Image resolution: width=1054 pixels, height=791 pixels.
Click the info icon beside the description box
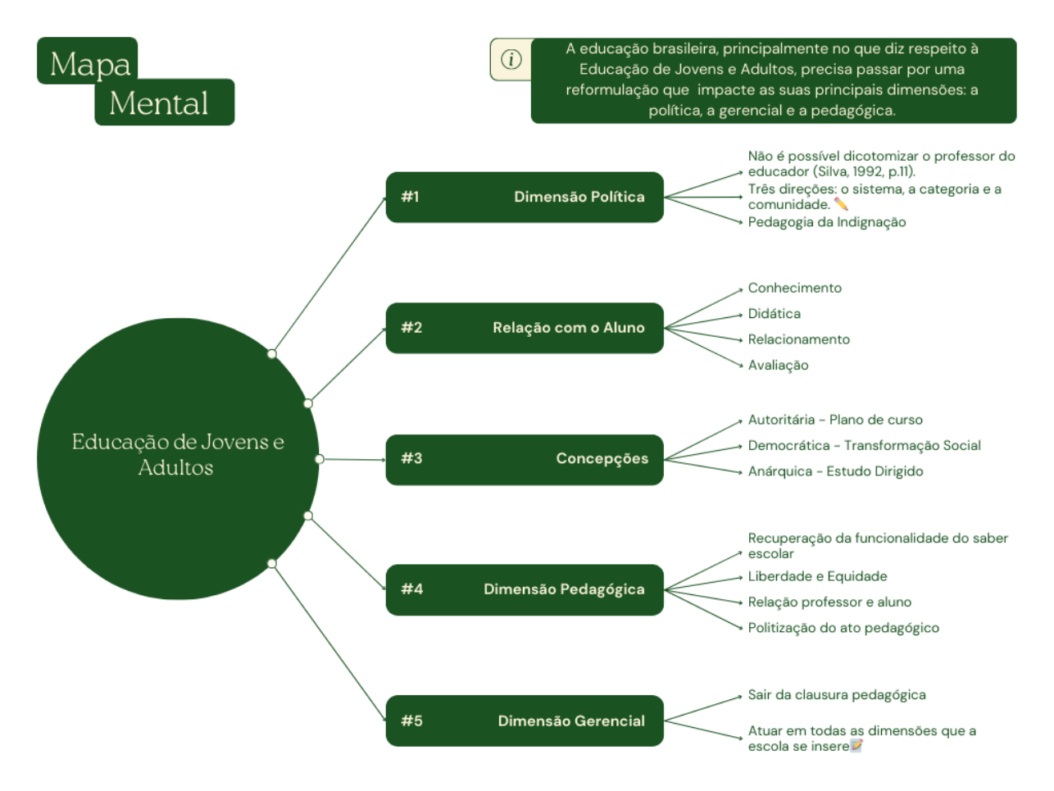pos(511,59)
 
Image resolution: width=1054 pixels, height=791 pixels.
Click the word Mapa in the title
pos(90,64)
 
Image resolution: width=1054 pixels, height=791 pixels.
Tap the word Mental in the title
pos(159,103)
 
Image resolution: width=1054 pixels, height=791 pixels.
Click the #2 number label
pos(411,328)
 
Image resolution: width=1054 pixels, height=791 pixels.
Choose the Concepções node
pos(602,459)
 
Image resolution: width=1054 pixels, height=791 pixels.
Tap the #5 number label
pos(411,721)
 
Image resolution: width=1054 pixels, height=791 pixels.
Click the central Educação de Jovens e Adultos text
pos(177,454)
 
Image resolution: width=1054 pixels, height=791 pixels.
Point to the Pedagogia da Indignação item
pos(826,222)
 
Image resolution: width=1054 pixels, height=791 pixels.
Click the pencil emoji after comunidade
pos(841,204)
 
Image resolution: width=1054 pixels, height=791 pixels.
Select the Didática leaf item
pos(774,314)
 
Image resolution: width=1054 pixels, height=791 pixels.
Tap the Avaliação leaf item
pos(778,366)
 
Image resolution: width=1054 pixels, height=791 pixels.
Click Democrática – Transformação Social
pos(864,446)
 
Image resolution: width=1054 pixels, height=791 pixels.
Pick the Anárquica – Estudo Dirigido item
pos(835,471)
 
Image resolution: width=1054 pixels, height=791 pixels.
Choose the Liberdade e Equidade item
pos(817,577)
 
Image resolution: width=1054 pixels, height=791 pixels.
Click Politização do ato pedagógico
pos(843,628)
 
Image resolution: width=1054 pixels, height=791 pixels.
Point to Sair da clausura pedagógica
pos(837,695)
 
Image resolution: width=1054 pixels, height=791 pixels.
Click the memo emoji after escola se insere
pos(856,746)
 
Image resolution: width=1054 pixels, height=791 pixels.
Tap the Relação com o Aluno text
pos(568,328)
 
